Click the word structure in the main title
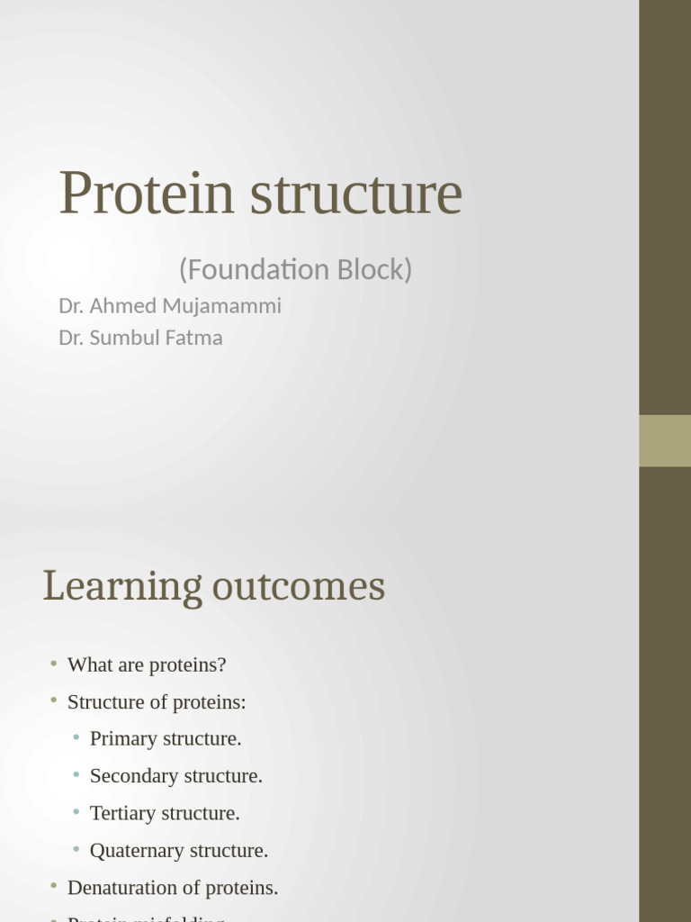[355, 194]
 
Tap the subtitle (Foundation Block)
[295, 269]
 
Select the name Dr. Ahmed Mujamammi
[170, 306]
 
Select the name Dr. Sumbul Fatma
[140, 339]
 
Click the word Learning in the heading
[122, 587]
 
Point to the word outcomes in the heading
[299, 587]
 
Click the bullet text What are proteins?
[147, 665]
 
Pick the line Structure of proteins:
[157, 702]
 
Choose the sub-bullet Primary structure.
[166, 739]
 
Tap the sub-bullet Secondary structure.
[176, 776]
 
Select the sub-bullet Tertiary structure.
[165, 813]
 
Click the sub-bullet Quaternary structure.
[179, 851]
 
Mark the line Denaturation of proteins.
[173, 888]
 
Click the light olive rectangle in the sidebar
[665, 440]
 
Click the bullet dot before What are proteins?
[54, 664]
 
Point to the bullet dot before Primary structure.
[76, 737]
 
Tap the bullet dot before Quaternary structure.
[76, 849]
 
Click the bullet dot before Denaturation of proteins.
[54, 886]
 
